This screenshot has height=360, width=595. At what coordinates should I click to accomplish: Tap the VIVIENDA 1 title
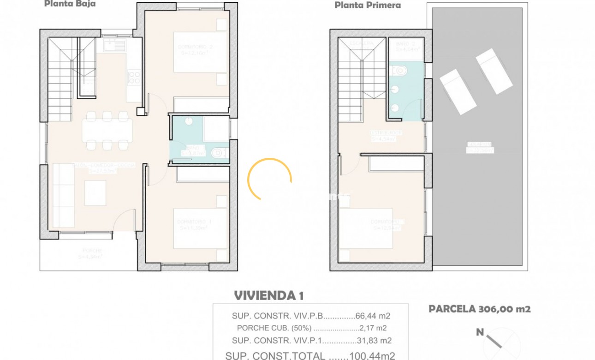[268, 295]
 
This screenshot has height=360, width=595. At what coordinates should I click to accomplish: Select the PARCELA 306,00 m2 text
[480, 309]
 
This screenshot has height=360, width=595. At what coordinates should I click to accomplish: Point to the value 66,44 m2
[373, 316]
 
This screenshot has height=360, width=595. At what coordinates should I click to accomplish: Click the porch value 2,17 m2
[373, 328]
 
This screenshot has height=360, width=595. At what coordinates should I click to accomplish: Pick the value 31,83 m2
[374, 341]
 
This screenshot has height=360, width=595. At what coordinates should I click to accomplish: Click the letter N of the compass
[480, 331]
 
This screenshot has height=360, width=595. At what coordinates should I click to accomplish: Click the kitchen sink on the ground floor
[114, 45]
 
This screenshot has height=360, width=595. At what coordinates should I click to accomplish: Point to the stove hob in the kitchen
[134, 78]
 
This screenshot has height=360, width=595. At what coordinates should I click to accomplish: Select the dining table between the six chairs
[107, 131]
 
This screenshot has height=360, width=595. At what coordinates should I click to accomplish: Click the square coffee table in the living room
[95, 192]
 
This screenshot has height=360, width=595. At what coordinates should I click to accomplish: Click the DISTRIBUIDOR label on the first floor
[387, 133]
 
